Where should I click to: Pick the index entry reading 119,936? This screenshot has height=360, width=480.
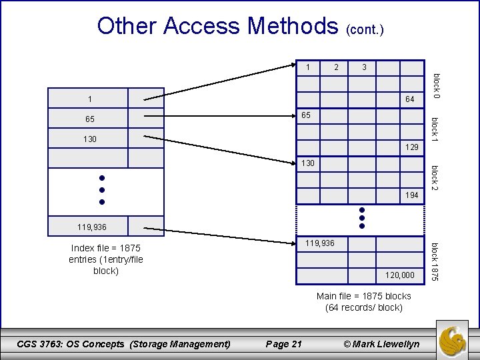click(90, 227)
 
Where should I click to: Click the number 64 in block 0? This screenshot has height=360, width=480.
click(410, 101)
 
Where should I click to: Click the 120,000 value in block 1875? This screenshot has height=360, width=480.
click(400, 275)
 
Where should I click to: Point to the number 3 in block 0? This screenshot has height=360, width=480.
click(364, 67)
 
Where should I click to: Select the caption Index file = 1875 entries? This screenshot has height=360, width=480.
click(106, 259)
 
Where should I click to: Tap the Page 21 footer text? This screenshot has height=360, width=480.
click(283, 344)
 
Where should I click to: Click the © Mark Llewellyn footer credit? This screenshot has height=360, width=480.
click(381, 344)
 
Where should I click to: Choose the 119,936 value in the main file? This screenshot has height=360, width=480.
click(320, 243)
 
